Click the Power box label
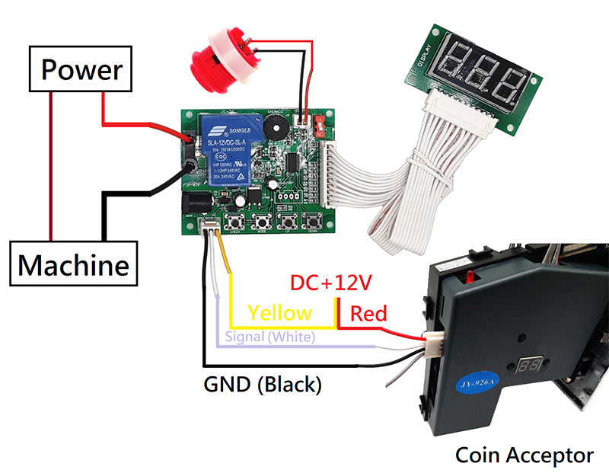(81, 70)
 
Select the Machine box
(73, 266)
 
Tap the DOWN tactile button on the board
(312, 222)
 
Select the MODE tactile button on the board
(263, 222)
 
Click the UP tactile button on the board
(288, 222)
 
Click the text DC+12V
(330, 283)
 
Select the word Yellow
(279, 312)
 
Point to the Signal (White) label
(266, 337)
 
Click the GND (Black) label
(262, 385)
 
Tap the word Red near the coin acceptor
(368, 313)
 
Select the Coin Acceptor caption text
(524, 455)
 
